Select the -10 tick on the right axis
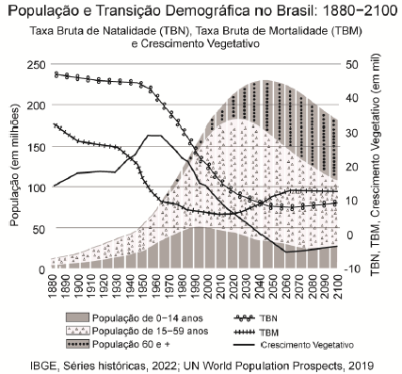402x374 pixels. pyautogui.click(x=351, y=269)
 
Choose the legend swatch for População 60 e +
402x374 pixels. pyautogui.click(x=88, y=345)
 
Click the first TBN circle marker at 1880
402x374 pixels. pyautogui.click(x=56, y=73)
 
